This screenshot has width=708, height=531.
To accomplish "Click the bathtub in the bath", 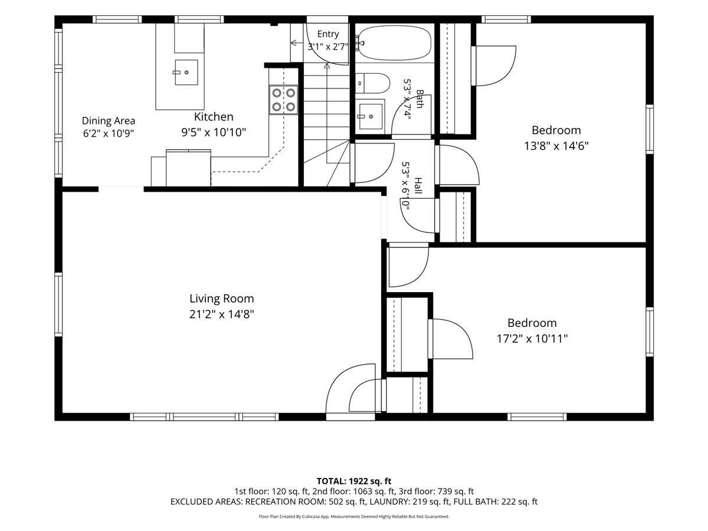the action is tap(395, 43).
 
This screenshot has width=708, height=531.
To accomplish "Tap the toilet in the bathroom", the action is tap(372, 83).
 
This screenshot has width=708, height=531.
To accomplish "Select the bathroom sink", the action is tap(371, 116).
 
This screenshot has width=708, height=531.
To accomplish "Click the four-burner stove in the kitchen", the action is tap(284, 100).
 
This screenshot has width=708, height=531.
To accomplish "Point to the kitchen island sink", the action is tap(186, 72).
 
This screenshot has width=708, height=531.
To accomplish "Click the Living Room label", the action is tap(222, 299).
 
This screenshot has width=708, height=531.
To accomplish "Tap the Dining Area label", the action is tap(109, 120).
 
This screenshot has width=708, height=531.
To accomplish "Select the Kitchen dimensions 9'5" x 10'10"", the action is tap(214, 132).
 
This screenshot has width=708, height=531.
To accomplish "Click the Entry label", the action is tap(328, 34).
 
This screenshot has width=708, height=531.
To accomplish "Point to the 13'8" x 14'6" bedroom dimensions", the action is tap(556, 146).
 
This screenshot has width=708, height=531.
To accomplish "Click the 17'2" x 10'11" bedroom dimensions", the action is tap(532, 339).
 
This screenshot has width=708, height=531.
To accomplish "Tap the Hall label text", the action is tap(418, 186).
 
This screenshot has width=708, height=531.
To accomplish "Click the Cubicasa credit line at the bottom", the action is tap(354, 516).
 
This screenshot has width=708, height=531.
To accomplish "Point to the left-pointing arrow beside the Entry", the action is tap(297, 42).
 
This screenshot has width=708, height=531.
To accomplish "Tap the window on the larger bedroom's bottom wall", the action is tap(537, 417).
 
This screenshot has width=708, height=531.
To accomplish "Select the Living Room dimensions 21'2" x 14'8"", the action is tap(222, 314).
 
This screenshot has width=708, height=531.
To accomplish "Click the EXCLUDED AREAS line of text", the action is tap(354, 501).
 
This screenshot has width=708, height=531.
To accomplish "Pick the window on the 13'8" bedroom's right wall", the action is tap(650, 129).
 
